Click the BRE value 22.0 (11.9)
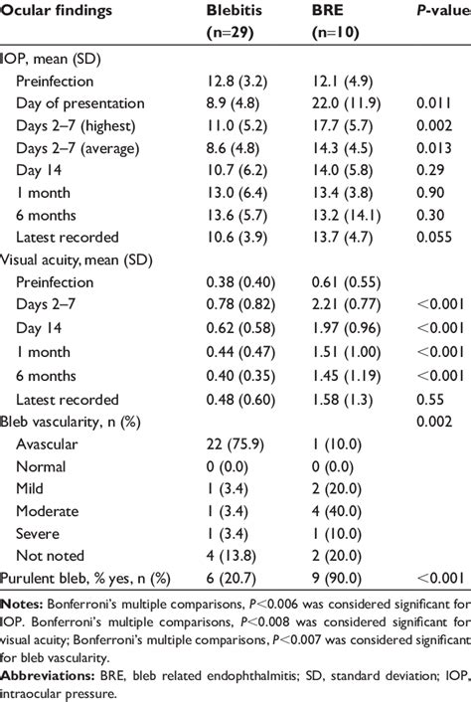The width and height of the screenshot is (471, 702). (344, 103)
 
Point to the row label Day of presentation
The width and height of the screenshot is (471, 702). (94, 103)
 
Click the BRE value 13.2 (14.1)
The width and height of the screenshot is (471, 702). (344, 215)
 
